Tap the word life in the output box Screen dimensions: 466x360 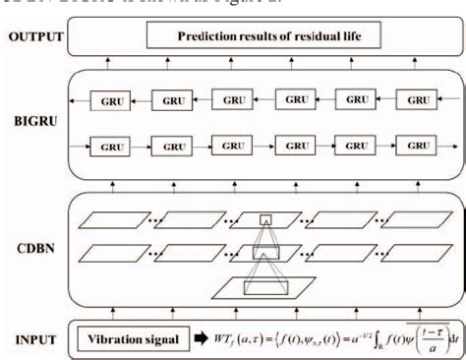(338, 37)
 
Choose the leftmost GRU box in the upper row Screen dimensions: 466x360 (108, 100)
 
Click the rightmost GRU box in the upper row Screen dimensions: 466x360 (420, 100)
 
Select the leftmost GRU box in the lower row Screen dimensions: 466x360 (108, 147)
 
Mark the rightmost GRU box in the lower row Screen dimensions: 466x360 (420, 145)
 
